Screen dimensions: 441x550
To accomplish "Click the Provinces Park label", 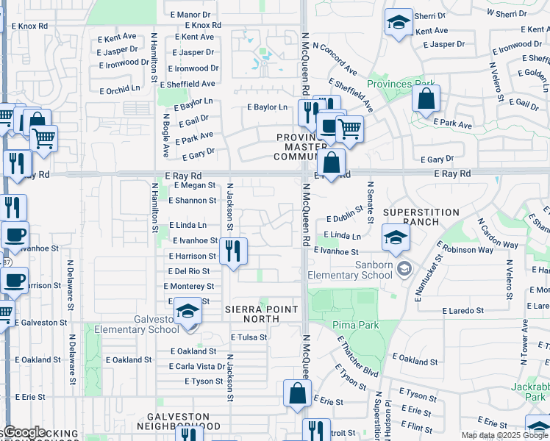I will tap(400, 84).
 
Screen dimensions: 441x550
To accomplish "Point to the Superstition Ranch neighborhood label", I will tap(421, 217).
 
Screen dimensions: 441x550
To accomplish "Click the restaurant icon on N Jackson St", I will tap(233, 251).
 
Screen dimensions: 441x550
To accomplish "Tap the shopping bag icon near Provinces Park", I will tap(426, 98).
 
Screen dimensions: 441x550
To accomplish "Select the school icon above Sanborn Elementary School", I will tap(396, 237).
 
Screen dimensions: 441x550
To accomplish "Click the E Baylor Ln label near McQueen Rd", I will tap(266, 107).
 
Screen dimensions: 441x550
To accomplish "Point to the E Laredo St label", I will tap(463, 311).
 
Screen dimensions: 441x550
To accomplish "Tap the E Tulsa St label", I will tap(248, 337).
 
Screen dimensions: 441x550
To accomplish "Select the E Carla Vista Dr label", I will tap(197, 366).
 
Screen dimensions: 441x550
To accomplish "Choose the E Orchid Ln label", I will tap(118, 88).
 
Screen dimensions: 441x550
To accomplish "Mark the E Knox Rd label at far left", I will tap(29, 26).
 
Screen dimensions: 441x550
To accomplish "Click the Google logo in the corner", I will tap(24, 432).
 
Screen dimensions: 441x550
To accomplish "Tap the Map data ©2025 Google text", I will tap(492, 435).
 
